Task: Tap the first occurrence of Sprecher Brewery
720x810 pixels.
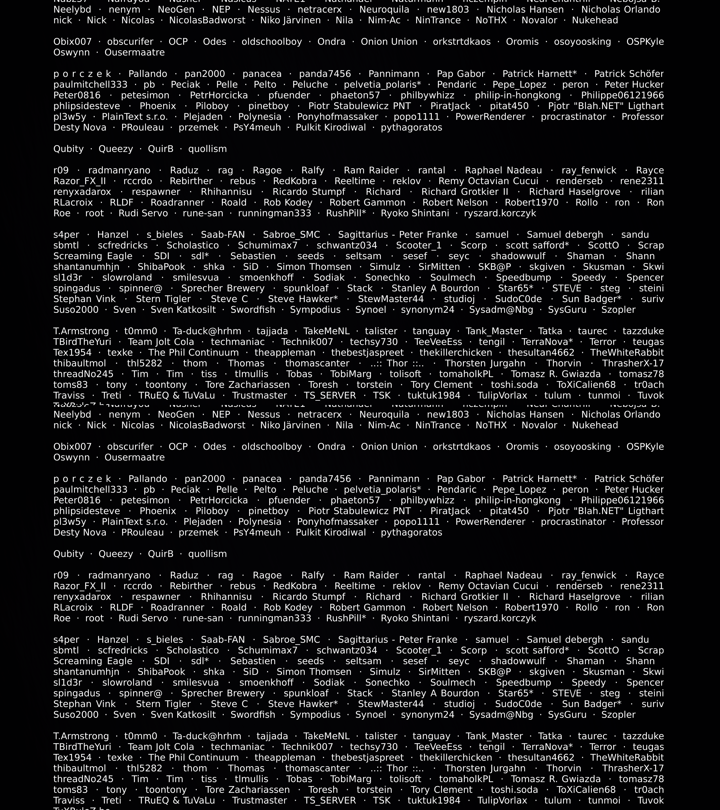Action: (x=223, y=289)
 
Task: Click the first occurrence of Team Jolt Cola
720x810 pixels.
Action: (x=161, y=342)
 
